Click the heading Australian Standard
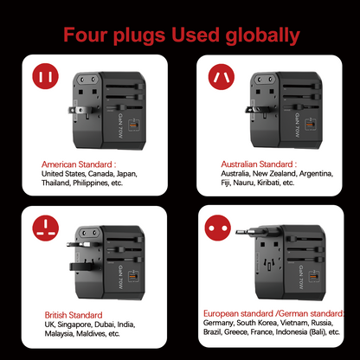tap(246, 163)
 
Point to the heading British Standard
tap(73, 315)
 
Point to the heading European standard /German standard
tap(273, 312)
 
